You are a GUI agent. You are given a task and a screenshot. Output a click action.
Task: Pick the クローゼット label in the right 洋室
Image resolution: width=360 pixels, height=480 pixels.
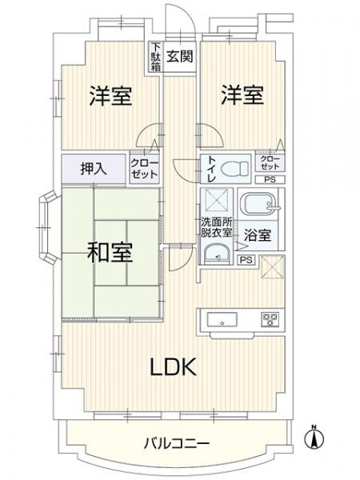268,162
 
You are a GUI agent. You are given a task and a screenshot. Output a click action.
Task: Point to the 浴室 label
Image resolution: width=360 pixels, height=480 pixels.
260,237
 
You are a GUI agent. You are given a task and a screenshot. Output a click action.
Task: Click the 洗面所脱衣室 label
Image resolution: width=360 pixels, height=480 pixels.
216,227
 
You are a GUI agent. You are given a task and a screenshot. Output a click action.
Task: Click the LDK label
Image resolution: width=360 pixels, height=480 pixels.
174,367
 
